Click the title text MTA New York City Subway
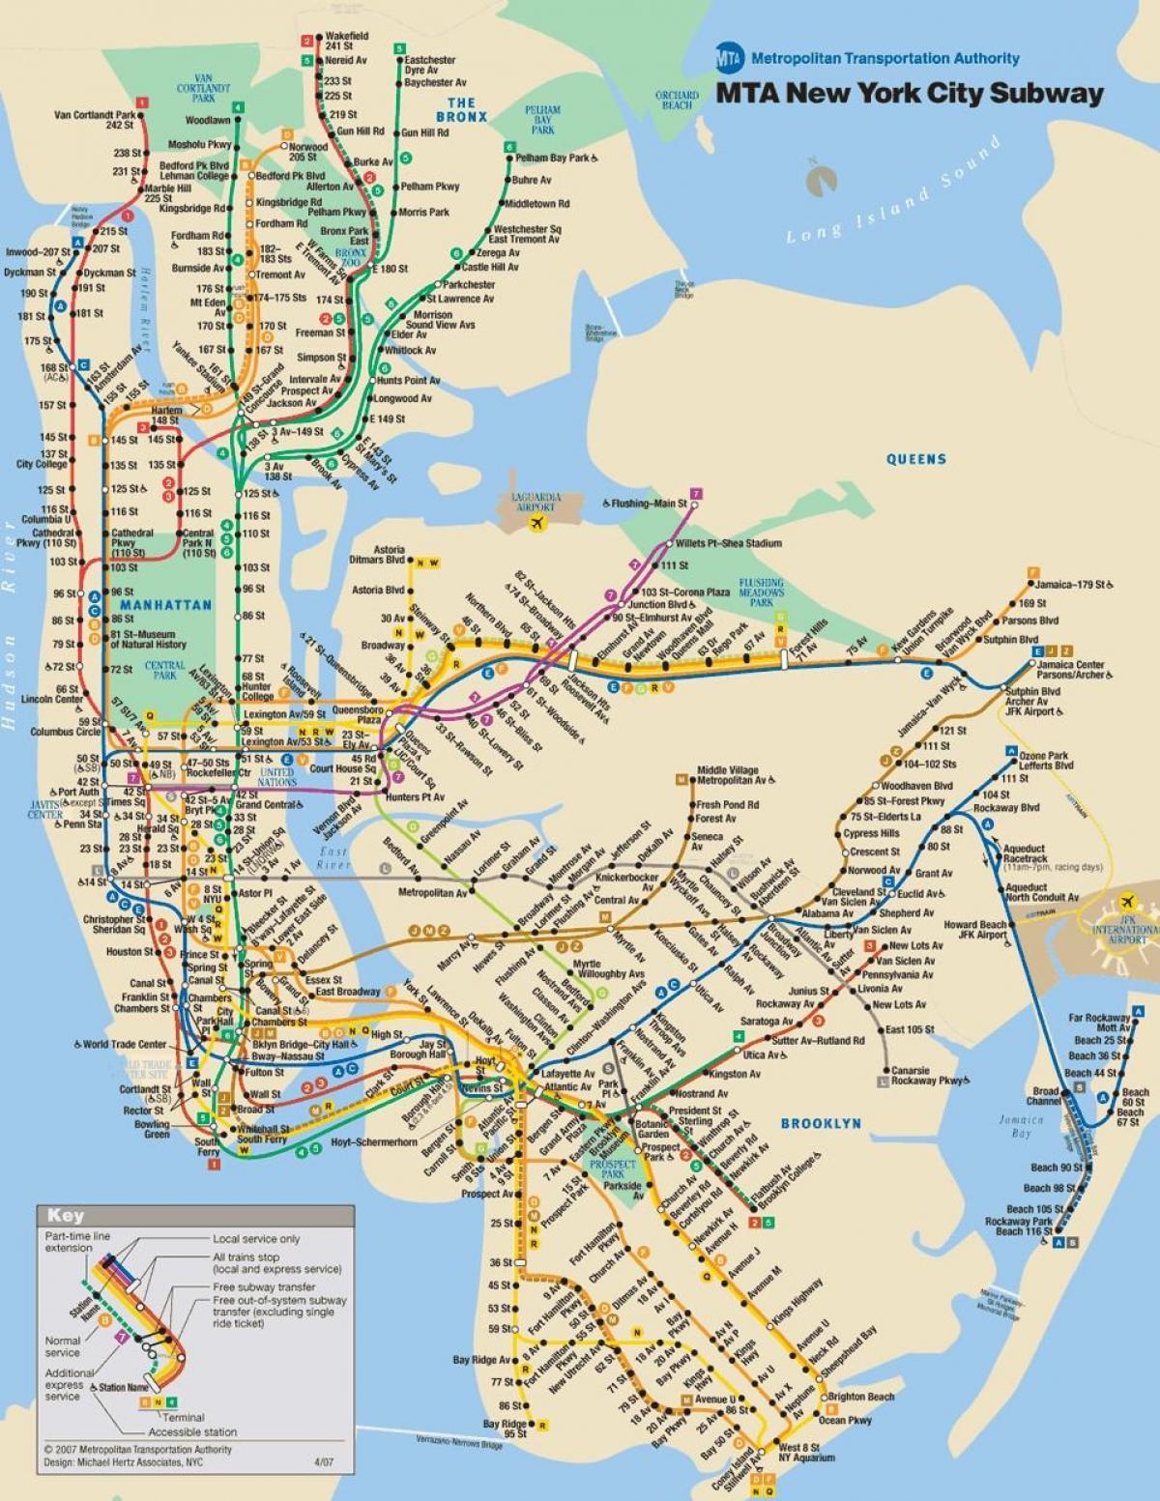click(909, 94)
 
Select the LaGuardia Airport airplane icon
click(536, 523)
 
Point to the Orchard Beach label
click(677, 100)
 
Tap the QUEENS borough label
click(916, 459)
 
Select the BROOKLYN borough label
click(821, 1123)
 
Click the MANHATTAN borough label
click(166, 605)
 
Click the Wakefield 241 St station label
click(346, 41)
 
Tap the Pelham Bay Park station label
click(553, 158)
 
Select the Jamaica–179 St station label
click(1070, 585)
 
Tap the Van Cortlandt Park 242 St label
click(94, 120)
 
